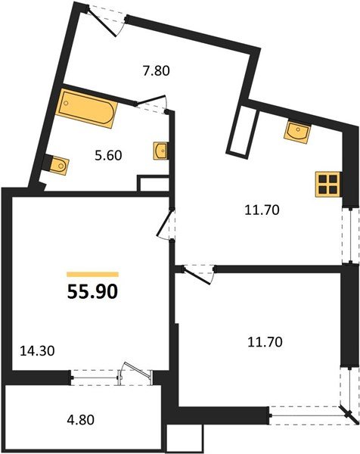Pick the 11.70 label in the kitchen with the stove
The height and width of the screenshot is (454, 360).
262,211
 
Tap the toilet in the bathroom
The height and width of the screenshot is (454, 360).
54,162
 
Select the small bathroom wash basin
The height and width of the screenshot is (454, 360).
160,151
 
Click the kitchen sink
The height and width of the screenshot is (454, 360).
298,132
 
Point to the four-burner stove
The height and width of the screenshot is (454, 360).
327,184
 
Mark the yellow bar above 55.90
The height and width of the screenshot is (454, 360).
93,273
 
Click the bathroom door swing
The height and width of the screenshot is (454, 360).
154,102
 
